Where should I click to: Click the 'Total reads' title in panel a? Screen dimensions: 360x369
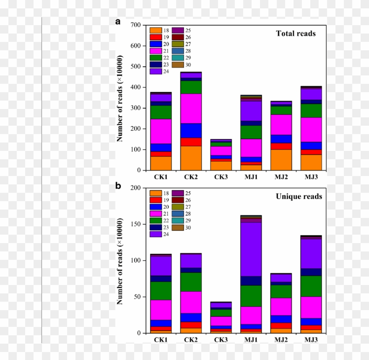coord(296,34)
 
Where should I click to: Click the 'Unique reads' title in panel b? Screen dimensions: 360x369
coord(299,196)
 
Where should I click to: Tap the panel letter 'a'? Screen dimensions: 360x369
coord(118,22)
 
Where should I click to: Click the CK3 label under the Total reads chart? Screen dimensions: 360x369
coord(221,177)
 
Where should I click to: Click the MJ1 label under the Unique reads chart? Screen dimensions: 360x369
coord(251,339)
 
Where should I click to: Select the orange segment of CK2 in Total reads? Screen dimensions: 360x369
coord(191,158)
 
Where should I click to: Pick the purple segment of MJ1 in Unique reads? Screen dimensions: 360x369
coord(251,249)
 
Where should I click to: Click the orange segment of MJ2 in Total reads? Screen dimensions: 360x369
coord(281,160)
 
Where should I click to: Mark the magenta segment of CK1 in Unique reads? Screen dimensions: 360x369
coord(161,310)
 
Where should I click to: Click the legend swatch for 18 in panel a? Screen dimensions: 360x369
coord(155,31)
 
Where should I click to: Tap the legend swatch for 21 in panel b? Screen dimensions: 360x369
coord(155,214)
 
